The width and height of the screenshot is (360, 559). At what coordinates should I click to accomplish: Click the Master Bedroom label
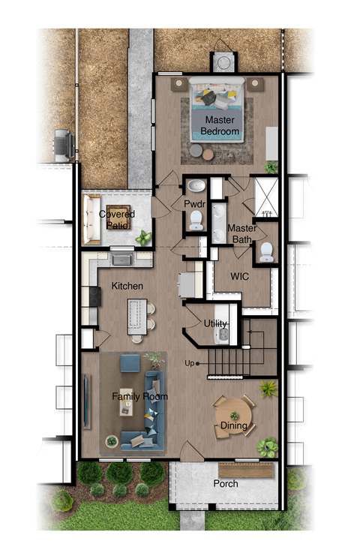[220, 125]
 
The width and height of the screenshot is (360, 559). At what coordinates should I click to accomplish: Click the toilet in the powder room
[196, 220]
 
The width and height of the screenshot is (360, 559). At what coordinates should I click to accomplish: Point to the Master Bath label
[242, 233]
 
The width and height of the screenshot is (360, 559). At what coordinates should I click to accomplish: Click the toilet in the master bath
[266, 253]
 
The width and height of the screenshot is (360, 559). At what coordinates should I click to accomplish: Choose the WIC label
[240, 276]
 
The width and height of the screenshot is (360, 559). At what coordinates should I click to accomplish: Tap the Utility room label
[215, 323]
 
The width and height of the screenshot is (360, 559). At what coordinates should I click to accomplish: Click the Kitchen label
[127, 287]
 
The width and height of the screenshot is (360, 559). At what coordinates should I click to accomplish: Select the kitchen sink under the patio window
[122, 260]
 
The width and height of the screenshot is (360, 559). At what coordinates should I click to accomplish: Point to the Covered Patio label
[117, 218]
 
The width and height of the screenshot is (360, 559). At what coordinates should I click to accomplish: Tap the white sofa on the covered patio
[91, 219]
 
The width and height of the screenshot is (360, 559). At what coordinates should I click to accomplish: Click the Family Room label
[139, 396]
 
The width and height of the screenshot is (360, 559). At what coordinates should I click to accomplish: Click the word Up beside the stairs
[190, 364]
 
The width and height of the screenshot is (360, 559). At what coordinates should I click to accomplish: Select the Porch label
[225, 484]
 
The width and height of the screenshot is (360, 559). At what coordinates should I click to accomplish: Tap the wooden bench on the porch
[258, 471]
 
